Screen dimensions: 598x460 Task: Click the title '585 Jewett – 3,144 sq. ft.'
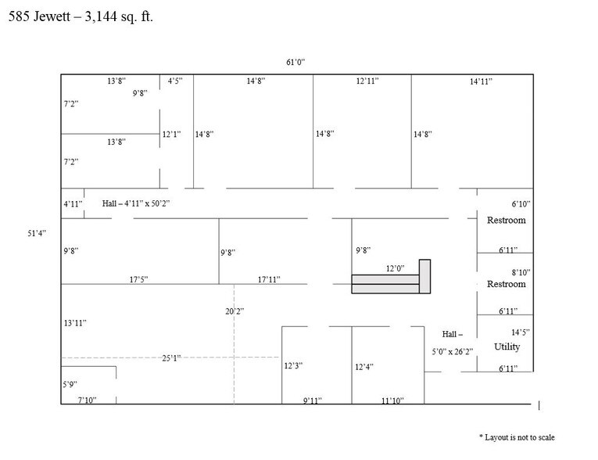(x=81, y=16)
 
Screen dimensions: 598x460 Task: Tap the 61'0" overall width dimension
(x=295, y=62)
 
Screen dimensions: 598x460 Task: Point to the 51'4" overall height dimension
(x=37, y=233)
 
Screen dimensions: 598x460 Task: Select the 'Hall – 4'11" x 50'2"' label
(x=136, y=203)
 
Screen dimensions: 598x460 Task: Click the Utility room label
(x=507, y=347)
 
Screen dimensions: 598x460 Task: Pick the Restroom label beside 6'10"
(x=506, y=221)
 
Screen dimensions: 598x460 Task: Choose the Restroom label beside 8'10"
(x=506, y=284)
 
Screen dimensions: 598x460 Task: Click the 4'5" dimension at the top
(x=175, y=81)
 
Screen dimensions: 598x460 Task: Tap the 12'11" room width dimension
(x=367, y=81)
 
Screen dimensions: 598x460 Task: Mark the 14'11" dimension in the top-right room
(x=481, y=81)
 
